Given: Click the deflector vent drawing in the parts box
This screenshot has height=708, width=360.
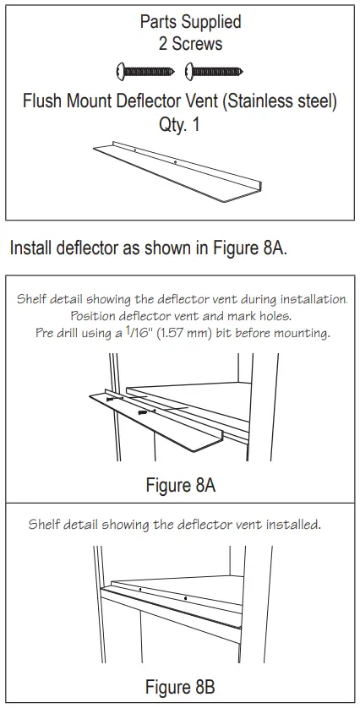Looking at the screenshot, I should [177, 172].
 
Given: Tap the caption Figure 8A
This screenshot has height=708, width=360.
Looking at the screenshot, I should [180, 485].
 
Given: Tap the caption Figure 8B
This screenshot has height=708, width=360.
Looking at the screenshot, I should [180, 686].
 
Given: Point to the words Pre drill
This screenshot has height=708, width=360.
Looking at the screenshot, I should [55, 333].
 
